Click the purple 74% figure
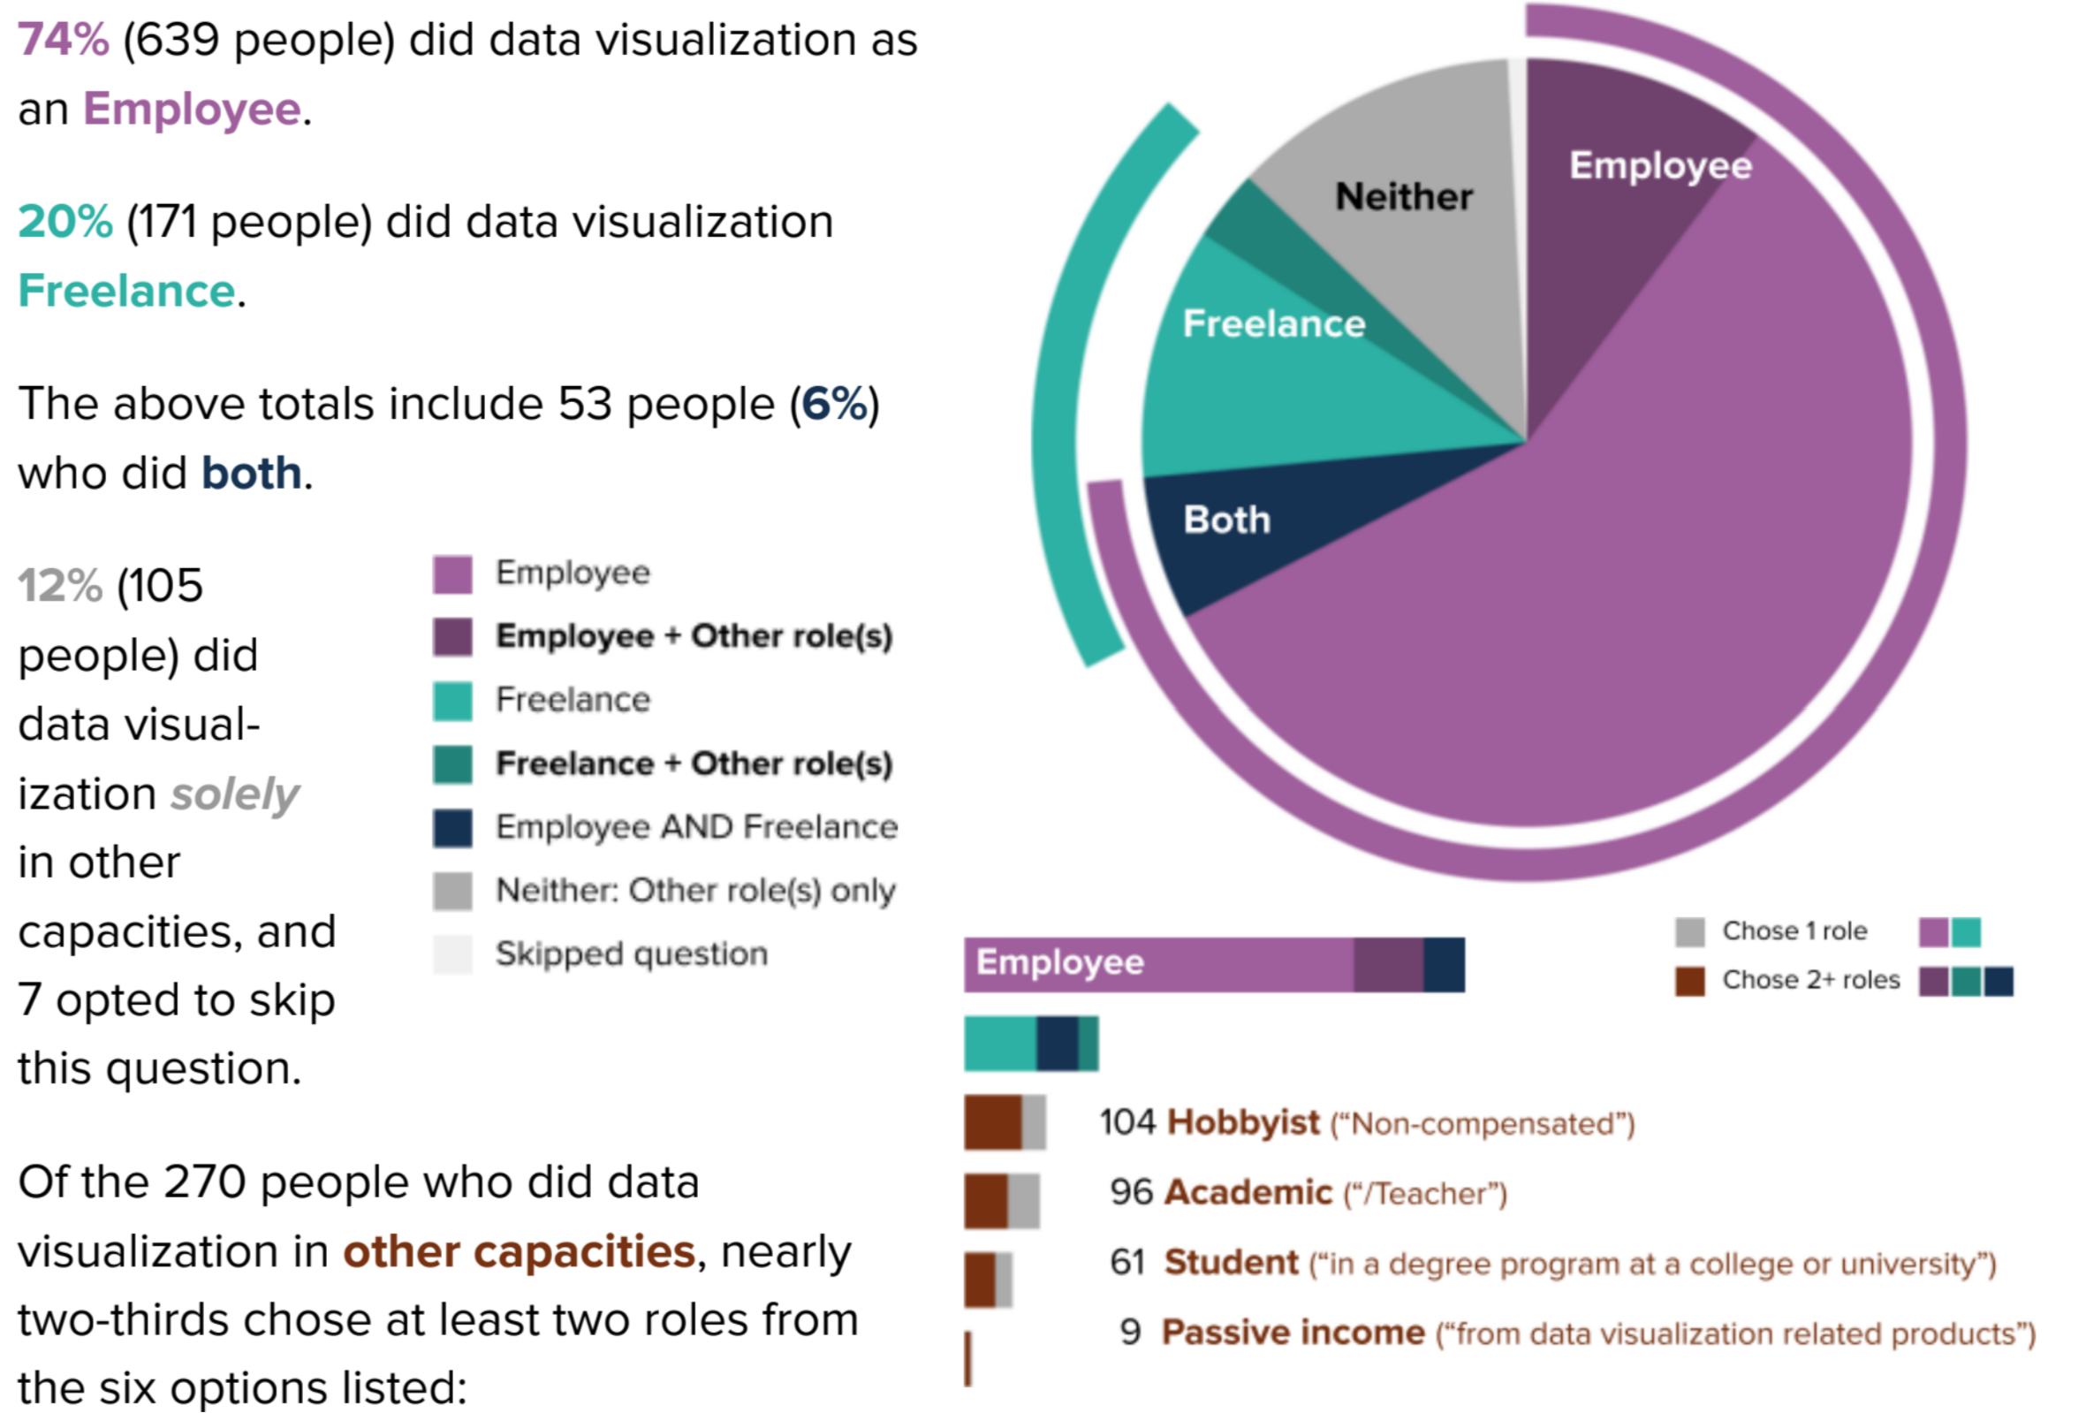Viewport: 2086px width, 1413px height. [63, 41]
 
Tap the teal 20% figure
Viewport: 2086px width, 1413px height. [64, 222]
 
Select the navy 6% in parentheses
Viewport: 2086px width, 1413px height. [834, 404]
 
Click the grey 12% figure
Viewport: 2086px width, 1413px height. [59, 586]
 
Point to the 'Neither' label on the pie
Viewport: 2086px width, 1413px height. [1403, 196]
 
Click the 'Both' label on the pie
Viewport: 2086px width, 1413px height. [1227, 520]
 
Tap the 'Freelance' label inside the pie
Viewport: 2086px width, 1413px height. [1274, 323]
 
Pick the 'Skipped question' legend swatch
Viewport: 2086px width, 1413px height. [452, 954]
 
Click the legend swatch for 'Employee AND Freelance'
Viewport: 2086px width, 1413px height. [452, 828]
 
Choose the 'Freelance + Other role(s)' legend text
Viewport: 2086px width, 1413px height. [694, 764]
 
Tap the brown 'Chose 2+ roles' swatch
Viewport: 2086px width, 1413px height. [1689, 980]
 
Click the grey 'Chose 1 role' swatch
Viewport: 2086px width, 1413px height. [1689, 931]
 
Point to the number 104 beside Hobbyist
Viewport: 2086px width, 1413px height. [1127, 1123]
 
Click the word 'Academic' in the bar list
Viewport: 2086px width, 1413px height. [1248, 1193]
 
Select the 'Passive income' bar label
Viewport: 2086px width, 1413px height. [1293, 1333]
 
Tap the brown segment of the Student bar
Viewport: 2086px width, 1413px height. [979, 1280]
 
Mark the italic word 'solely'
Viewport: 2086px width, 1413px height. [235, 794]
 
